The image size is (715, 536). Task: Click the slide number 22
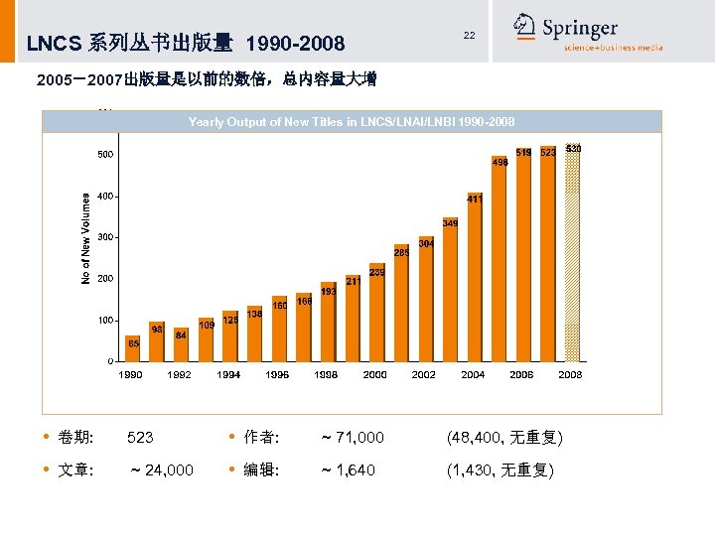(469, 36)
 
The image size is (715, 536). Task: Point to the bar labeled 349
(450, 293)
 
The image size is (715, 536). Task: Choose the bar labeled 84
(182, 347)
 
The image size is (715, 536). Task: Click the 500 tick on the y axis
(104, 155)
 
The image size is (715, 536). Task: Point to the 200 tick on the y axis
(104, 279)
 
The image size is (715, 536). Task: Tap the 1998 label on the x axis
(326, 375)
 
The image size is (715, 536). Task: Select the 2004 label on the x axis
(473, 375)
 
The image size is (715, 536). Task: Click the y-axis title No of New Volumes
(85, 238)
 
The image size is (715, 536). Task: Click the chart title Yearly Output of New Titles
(352, 122)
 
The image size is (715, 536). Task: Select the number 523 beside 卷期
(140, 438)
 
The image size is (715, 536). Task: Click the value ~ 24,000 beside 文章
(162, 470)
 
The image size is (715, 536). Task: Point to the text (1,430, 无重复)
(500, 470)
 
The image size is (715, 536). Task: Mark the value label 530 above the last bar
(573, 148)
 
